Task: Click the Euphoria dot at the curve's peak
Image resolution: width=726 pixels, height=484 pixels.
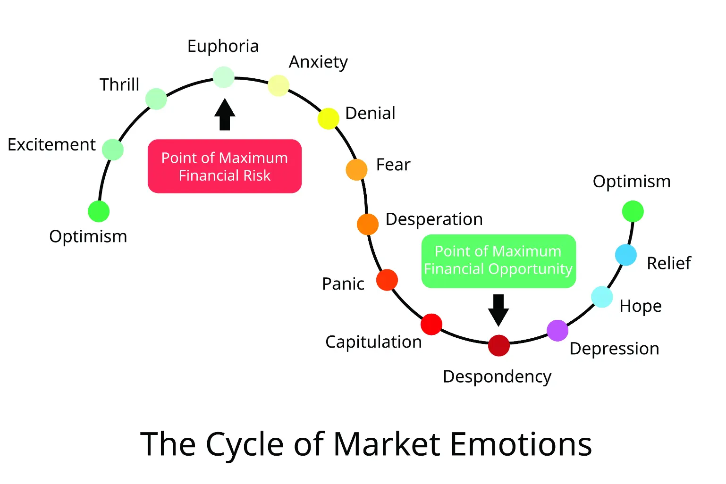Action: pyautogui.click(x=223, y=77)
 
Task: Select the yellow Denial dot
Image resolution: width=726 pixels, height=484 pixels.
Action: pyautogui.click(x=328, y=118)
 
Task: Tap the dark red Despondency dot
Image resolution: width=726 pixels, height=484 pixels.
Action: pyautogui.click(x=498, y=345)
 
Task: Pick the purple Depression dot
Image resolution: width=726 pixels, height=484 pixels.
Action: pyautogui.click(x=557, y=330)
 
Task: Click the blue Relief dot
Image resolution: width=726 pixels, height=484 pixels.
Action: pyautogui.click(x=625, y=255)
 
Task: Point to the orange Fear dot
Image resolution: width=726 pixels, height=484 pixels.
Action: pyautogui.click(x=356, y=170)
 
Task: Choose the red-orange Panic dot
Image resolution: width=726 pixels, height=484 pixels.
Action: pyautogui.click(x=387, y=280)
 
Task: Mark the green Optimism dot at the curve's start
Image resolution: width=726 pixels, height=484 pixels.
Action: pyautogui.click(x=99, y=211)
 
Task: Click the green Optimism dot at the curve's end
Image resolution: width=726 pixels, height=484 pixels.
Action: pyautogui.click(x=633, y=211)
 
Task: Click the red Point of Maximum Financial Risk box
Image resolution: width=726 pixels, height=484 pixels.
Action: pyautogui.click(x=225, y=166)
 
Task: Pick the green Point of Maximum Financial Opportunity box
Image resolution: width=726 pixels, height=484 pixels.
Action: pyautogui.click(x=498, y=261)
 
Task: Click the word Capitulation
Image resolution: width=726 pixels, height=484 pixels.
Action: pyautogui.click(x=373, y=342)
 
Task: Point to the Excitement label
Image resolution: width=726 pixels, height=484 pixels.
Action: pyautogui.click(x=51, y=145)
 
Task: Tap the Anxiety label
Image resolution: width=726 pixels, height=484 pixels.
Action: pyautogui.click(x=318, y=62)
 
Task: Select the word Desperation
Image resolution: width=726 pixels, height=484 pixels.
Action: pyautogui.click(x=434, y=219)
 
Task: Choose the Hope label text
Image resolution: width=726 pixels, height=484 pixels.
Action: pyautogui.click(x=640, y=306)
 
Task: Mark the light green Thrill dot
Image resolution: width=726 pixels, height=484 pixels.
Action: pyautogui.click(x=156, y=99)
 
